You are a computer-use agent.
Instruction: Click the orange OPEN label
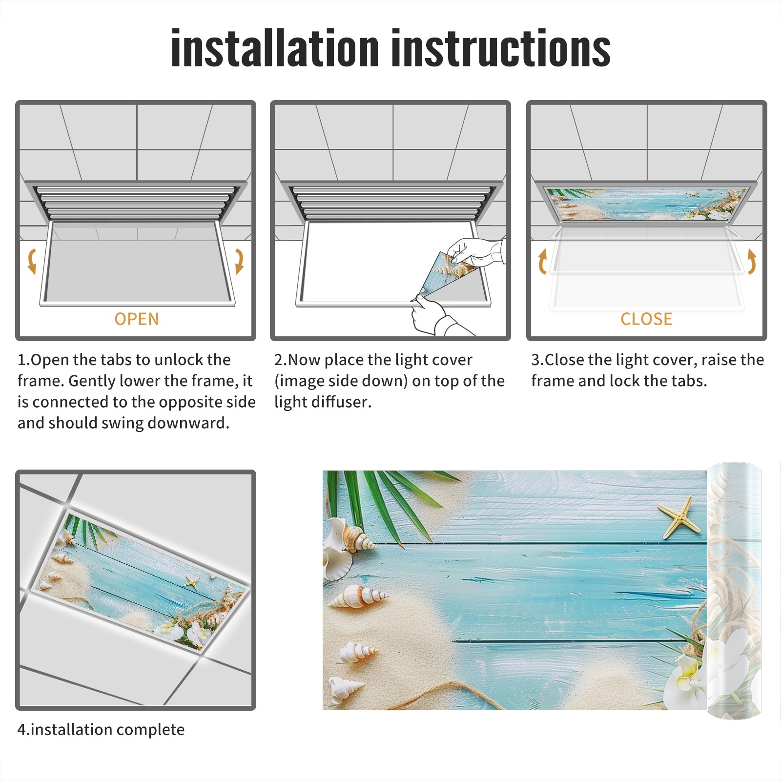point(137,319)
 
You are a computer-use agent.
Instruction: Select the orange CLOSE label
point(646,319)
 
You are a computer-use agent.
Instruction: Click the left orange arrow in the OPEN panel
point(32,261)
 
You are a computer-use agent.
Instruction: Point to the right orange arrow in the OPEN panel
point(239,261)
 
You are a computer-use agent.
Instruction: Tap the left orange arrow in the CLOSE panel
point(542,262)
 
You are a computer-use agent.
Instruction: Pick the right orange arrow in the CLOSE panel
point(752,262)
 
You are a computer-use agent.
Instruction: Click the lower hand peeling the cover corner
point(434,315)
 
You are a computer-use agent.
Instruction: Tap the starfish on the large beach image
point(676,517)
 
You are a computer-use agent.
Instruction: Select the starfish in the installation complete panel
point(192,582)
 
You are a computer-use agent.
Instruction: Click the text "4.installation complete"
point(101,730)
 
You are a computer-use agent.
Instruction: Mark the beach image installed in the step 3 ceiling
point(645,205)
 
